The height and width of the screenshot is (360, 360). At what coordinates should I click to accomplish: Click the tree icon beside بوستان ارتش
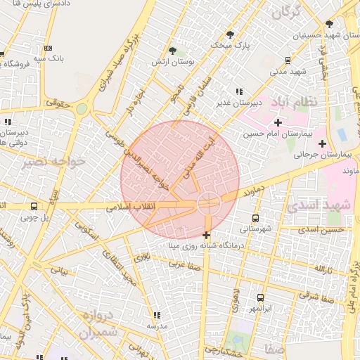pyautogui.click(x=172, y=50)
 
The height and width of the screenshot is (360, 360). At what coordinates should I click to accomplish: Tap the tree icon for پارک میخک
pyautogui.click(x=230, y=34)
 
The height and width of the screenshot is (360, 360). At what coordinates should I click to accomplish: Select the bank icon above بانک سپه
pyautogui.click(x=48, y=48)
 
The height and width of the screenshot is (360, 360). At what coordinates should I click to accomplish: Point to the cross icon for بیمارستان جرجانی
pyautogui.click(x=322, y=144)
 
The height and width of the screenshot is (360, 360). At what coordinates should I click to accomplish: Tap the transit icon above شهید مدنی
pyautogui.click(x=287, y=60)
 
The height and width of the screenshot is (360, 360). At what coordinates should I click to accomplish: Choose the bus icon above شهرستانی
pyautogui.click(x=255, y=217)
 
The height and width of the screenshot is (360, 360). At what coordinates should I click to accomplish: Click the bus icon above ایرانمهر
pyautogui.click(x=260, y=297)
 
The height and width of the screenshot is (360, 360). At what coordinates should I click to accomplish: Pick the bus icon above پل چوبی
pyautogui.click(x=34, y=207)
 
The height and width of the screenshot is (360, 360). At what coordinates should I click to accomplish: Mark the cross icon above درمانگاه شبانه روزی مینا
pyautogui.click(x=206, y=235)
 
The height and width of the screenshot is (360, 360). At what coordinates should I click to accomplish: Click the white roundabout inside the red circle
pyautogui.click(x=209, y=204)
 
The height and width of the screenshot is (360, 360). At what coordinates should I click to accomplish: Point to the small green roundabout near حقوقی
pyautogui.click(x=82, y=109)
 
